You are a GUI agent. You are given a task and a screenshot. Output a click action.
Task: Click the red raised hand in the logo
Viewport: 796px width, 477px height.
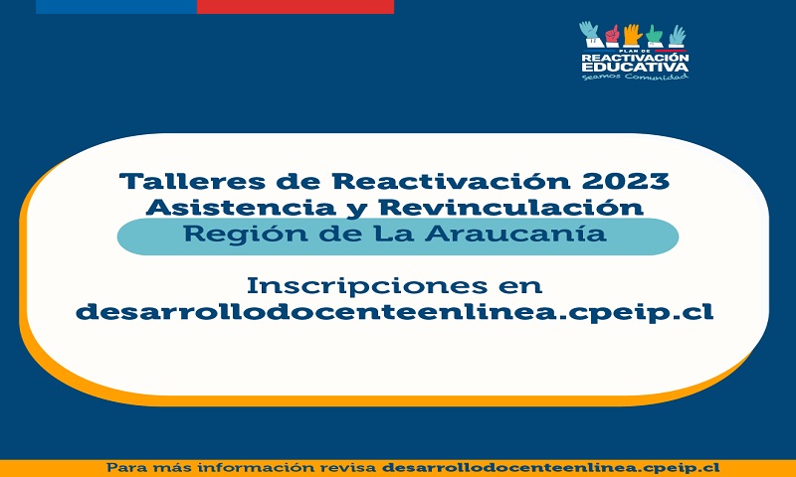coord(612,35)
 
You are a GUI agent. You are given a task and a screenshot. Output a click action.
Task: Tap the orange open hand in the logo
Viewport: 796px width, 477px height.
coord(633,35)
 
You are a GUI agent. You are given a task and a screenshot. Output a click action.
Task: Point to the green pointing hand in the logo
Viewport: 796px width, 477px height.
coord(655,36)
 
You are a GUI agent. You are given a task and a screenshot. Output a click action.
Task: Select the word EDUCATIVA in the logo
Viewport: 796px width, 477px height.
coord(635,67)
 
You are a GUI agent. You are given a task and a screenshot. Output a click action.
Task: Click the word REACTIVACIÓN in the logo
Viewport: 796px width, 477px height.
coord(635,58)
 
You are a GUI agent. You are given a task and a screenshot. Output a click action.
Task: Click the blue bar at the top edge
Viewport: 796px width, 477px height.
coord(116,7)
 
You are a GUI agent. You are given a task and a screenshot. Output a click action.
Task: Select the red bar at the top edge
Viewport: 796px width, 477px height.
coord(296,7)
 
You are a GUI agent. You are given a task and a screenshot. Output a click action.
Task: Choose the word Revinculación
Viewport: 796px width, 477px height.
coord(511,207)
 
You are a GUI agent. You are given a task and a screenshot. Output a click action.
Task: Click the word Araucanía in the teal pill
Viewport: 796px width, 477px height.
coord(515,234)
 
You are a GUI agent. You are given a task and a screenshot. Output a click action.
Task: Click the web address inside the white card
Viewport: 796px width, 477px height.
coord(394,312)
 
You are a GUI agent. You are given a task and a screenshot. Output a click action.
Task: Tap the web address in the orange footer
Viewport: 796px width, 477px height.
coord(550,468)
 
